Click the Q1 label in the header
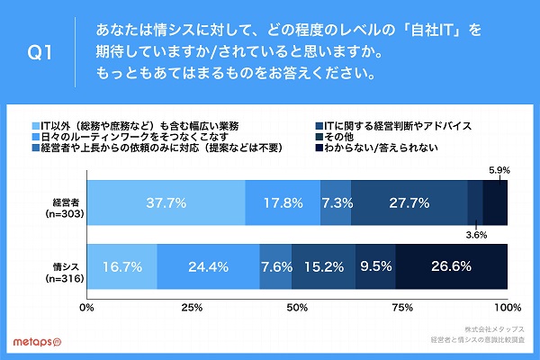click(x=42, y=53)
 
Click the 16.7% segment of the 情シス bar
click(x=122, y=266)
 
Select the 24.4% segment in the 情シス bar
click(x=209, y=266)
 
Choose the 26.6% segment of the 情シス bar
click(x=453, y=266)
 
